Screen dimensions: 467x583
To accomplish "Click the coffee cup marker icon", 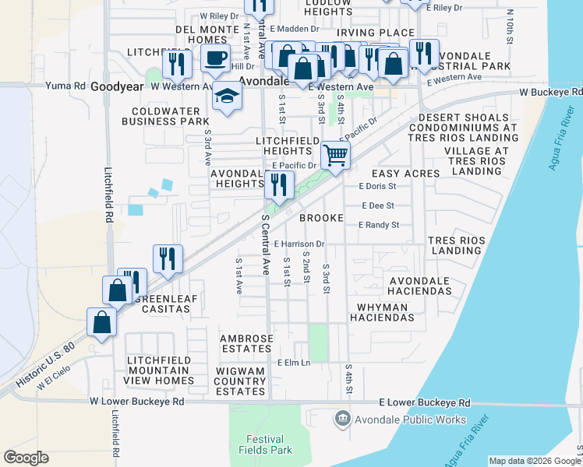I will [x=215, y=57].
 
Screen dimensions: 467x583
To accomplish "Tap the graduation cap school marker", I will [x=226, y=97].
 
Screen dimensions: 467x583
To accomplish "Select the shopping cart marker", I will [x=335, y=154].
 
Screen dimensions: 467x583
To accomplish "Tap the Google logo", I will [x=26, y=458].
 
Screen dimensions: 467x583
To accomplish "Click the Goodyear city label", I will [x=116, y=87].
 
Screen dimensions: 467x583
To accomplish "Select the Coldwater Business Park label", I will [x=176, y=116].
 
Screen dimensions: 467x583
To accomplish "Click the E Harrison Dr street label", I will [x=299, y=244].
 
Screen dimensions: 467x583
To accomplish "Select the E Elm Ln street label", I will [x=294, y=363].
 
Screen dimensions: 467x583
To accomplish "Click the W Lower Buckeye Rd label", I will [x=136, y=402].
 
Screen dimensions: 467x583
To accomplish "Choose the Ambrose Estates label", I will [x=246, y=344].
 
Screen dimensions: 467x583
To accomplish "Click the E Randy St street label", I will [x=379, y=225].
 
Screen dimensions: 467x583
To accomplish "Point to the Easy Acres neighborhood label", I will [x=405, y=174].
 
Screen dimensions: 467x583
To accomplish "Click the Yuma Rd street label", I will [x=65, y=86].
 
